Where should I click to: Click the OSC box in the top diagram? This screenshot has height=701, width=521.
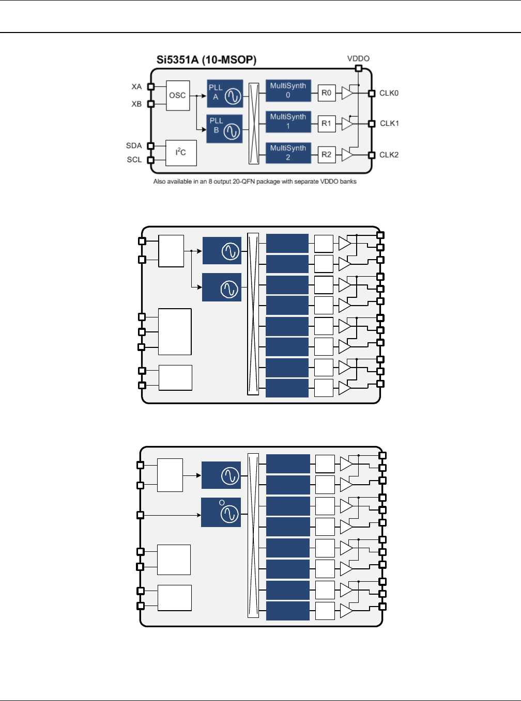(177, 95)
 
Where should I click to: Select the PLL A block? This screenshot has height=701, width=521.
(225, 93)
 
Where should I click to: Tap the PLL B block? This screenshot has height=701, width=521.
(224, 129)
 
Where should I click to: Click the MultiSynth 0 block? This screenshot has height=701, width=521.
(288, 90)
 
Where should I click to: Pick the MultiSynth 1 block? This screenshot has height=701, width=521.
(288, 121)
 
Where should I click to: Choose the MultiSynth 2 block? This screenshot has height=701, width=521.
(288, 153)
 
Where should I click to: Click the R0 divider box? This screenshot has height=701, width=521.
(326, 93)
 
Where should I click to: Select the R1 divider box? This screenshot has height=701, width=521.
(326, 123)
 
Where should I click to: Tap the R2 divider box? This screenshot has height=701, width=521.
(326, 154)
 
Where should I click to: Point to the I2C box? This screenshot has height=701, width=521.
(181, 153)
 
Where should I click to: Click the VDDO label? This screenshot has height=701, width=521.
(358, 59)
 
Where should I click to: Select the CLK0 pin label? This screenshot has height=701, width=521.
(389, 93)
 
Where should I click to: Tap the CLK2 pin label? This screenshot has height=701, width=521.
(389, 155)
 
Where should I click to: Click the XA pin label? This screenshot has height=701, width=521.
(136, 87)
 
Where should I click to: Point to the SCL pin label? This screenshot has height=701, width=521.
(134, 160)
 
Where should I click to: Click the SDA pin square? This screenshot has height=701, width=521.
(151, 146)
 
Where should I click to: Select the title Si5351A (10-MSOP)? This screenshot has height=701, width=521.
(206, 60)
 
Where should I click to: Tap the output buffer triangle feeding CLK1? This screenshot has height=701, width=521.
(347, 124)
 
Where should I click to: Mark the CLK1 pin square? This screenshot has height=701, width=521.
(371, 124)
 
